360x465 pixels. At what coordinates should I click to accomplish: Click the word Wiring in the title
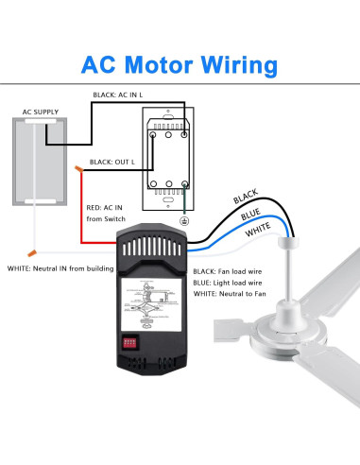(x=241, y=65)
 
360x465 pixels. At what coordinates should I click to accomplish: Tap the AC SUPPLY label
(x=42, y=112)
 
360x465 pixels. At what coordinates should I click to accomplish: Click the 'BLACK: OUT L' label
(x=112, y=163)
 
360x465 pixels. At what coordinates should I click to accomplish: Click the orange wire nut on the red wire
(x=80, y=171)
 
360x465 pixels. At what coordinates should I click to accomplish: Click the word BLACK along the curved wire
(x=246, y=196)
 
